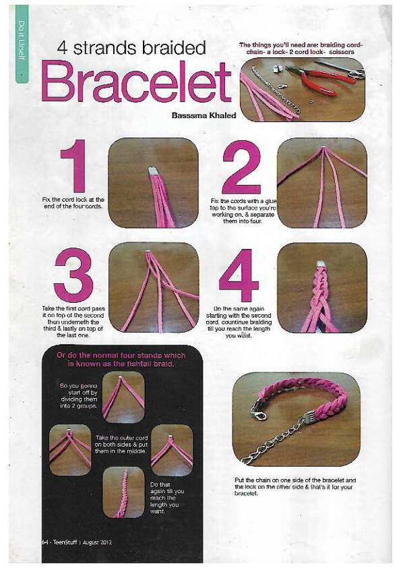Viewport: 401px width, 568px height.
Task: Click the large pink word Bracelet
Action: coord(136,82)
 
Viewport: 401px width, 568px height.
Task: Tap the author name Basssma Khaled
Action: coord(204,115)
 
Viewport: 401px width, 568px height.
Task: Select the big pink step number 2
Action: coord(241,167)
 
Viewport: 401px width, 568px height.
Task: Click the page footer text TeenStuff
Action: coord(65,542)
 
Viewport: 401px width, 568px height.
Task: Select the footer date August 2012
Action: coord(97,542)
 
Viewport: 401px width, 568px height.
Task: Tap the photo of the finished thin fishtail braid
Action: coord(123,492)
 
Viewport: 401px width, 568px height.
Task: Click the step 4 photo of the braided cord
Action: coord(321,287)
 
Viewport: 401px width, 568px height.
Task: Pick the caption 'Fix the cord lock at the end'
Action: coord(73,203)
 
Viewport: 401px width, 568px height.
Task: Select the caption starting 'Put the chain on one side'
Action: coord(295,486)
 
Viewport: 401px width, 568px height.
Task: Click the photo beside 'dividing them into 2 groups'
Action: coord(123,397)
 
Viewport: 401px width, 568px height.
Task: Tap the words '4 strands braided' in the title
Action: coord(131,48)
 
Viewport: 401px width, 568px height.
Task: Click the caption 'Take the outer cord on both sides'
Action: coord(121,445)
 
